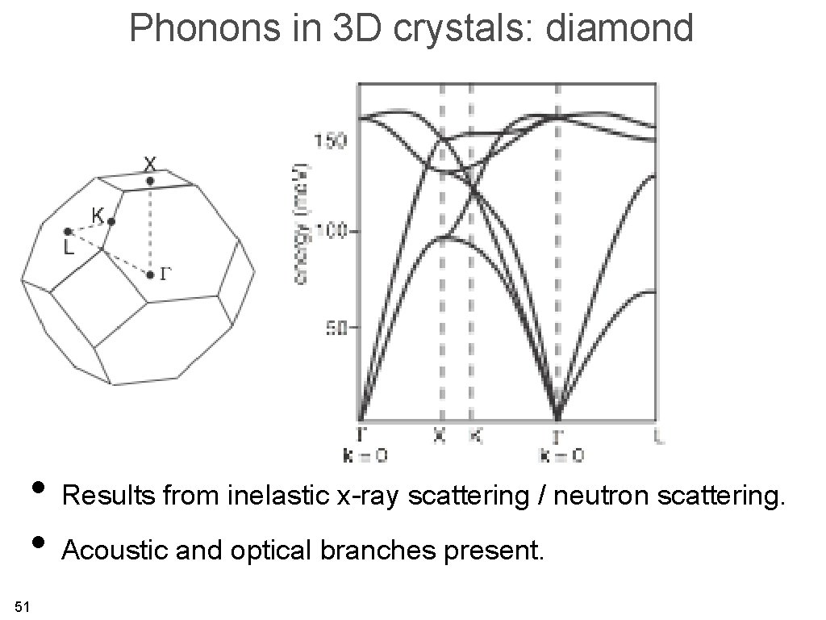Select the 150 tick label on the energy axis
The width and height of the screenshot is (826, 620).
[x=331, y=141]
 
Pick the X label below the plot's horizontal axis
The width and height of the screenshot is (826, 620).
[x=440, y=436]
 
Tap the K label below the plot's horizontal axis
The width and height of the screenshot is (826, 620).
[x=476, y=436]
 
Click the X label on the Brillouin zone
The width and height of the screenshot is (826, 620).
[x=150, y=163]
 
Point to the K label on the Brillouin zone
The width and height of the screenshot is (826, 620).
[x=98, y=216]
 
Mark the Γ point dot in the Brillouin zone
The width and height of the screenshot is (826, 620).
[x=151, y=275]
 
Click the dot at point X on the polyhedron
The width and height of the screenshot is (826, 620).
[x=150, y=181]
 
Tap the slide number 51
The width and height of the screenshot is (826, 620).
[x=22, y=606]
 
